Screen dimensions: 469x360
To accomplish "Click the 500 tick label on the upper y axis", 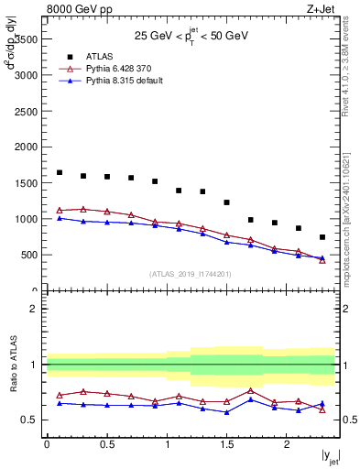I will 28,255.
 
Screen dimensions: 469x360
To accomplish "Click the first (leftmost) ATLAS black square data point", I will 60,172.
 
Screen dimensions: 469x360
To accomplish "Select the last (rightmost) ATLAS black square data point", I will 322,237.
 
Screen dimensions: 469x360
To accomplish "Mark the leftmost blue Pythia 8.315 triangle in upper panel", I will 60,218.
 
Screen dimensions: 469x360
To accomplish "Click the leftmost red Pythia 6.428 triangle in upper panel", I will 60,210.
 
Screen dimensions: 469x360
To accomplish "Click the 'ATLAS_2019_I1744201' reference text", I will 191,273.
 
